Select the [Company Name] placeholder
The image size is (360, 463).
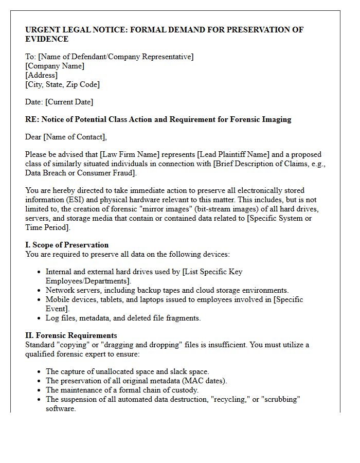tap(55, 66)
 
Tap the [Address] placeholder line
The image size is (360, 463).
tap(42, 75)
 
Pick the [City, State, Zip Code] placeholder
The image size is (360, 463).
tap(62, 84)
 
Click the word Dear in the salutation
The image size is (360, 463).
tap(34, 137)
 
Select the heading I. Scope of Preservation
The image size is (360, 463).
tap(67, 245)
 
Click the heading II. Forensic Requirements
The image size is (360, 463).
tap(71, 335)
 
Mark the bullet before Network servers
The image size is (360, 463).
tap(40, 291)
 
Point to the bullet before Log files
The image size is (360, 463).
tap(40, 318)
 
